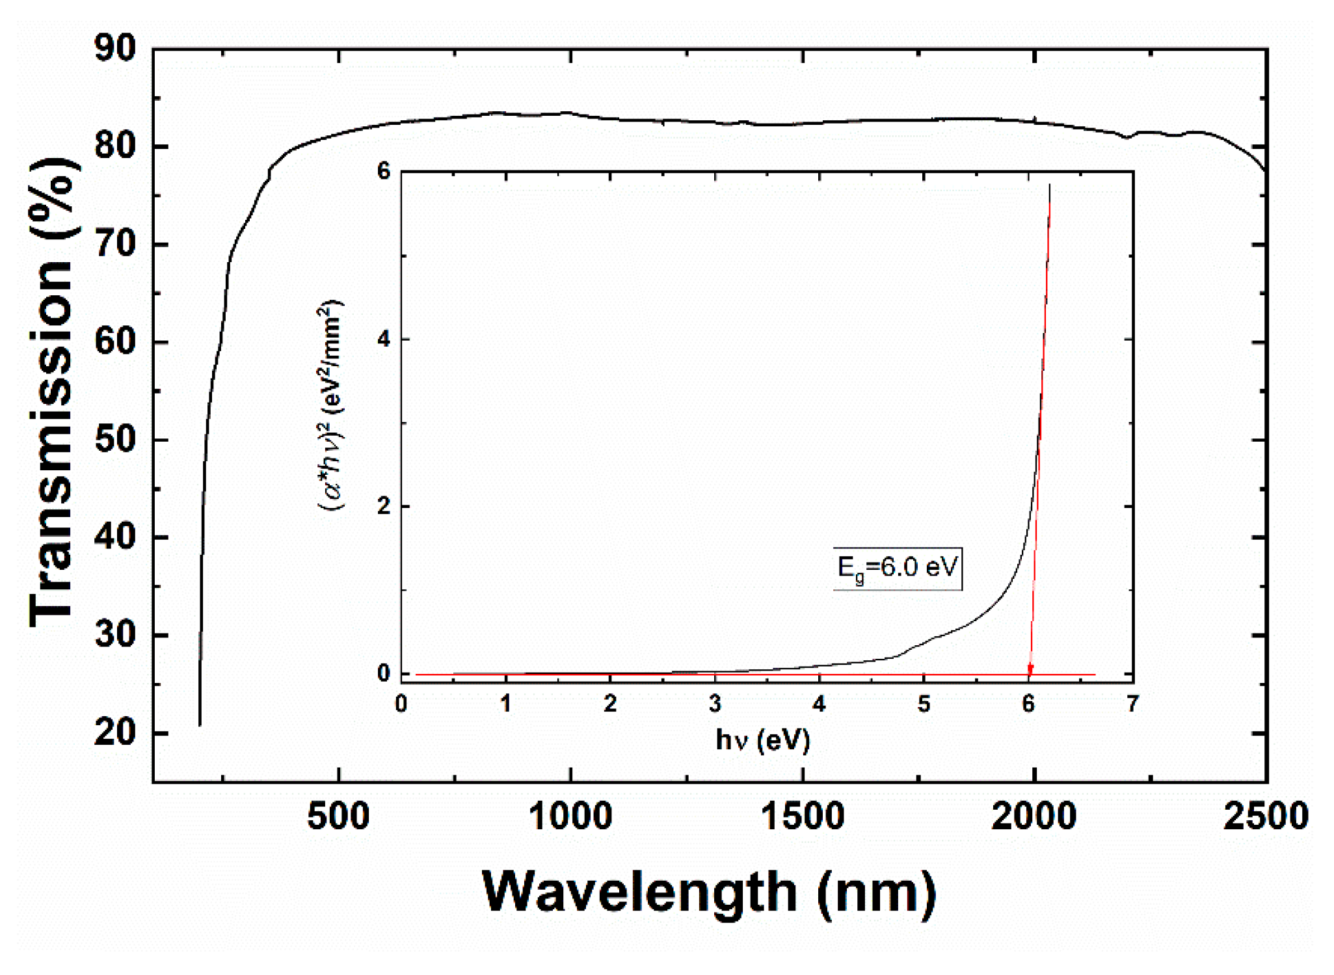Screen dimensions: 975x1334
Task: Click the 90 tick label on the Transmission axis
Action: point(115,49)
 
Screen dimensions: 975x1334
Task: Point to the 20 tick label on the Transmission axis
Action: point(115,733)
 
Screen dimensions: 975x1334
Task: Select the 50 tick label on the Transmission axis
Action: point(115,440)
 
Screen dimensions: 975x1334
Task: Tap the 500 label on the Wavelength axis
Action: point(338,816)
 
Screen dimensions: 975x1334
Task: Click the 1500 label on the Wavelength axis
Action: point(803,816)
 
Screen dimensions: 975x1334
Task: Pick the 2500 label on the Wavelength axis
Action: point(1266,816)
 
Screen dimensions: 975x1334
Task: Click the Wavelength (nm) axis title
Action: point(709,892)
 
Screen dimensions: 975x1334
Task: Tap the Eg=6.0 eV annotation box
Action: point(897,568)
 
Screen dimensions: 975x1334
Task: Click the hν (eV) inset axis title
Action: point(762,740)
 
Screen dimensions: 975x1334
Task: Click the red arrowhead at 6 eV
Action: point(1030,670)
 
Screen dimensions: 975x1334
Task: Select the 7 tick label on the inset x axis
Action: point(1132,704)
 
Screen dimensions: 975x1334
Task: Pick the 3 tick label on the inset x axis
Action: point(715,704)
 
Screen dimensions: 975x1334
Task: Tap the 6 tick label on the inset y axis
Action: point(384,172)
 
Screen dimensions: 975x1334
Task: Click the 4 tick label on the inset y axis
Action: point(384,339)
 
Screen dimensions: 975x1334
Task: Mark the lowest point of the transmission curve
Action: point(200,724)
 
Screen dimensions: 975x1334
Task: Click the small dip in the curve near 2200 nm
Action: point(1126,137)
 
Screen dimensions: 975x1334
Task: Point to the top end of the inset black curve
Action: point(1050,186)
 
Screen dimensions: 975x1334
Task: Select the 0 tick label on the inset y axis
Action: point(384,674)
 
